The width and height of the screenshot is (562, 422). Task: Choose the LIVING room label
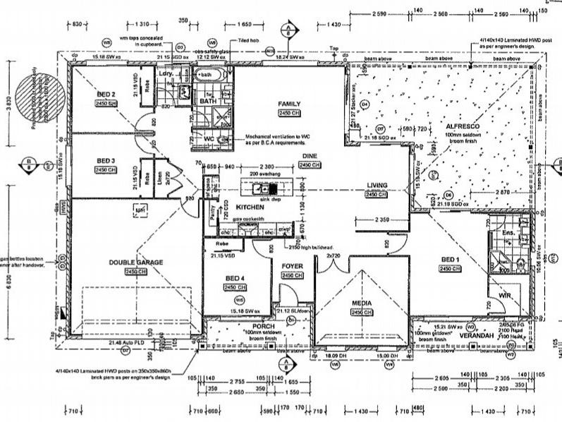[376, 186]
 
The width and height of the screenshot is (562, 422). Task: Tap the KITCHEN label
[250, 207]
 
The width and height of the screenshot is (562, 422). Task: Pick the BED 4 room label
[235, 279]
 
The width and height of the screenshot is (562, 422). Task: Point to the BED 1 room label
[449, 259]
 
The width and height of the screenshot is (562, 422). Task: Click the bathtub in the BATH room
[209, 75]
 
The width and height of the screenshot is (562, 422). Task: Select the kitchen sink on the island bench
[260, 188]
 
